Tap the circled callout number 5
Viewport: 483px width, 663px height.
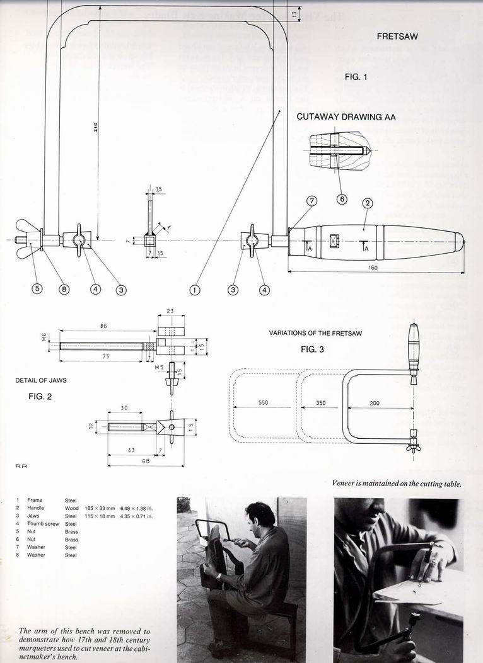38,290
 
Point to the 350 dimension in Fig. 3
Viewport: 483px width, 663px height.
320,402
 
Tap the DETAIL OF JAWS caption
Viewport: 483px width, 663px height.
41,380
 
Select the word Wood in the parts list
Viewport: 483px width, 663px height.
71,507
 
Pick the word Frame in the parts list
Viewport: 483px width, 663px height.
35,500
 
